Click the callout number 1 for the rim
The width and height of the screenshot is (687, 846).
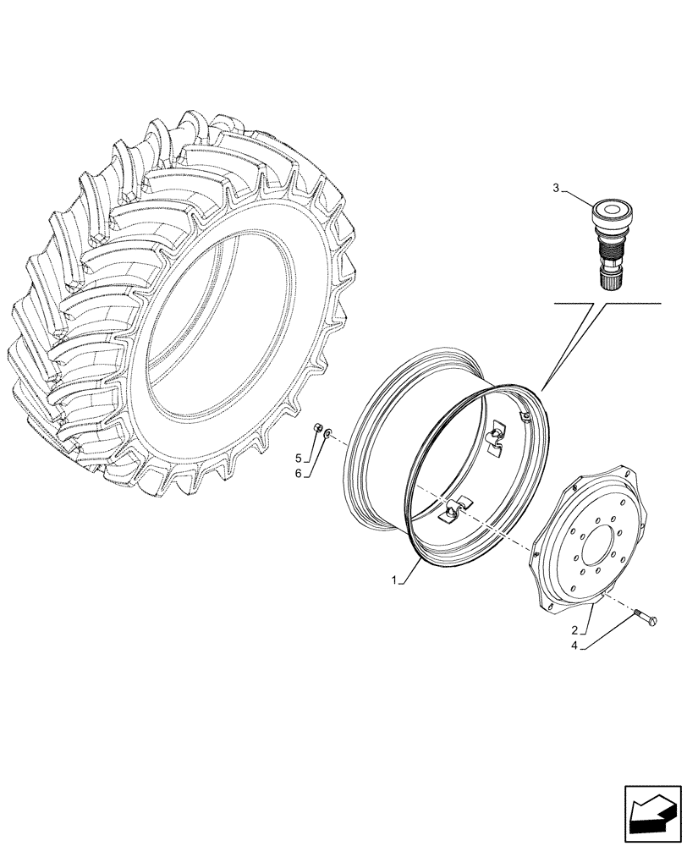point(393,580)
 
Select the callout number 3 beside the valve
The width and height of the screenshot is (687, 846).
point(556,188)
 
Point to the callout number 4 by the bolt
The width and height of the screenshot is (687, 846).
point(576,647)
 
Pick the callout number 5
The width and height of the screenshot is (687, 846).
point(299,459)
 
